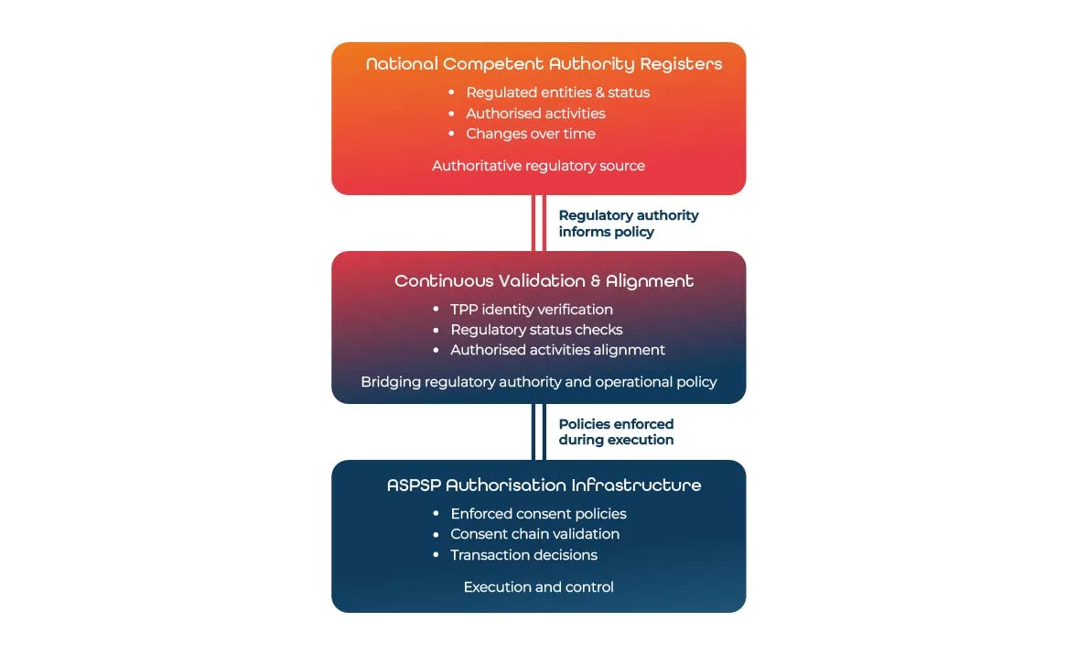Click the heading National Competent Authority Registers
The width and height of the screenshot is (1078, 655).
coord(544,64)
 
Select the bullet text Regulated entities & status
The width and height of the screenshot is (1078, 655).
coord(557,93)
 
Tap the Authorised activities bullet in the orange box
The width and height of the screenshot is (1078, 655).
coord(535,114)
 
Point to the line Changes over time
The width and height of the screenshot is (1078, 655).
coord(530,134)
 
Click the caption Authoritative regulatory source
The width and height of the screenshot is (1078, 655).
coord(538,166)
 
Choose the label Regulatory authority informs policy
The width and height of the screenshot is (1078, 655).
coord(628,224)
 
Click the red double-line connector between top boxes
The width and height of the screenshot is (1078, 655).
coord(539,223)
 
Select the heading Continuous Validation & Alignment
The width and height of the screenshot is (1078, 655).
coord(544,281)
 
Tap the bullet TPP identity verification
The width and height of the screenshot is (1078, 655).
coord(531,310)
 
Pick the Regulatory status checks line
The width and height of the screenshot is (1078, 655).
coord(536,330)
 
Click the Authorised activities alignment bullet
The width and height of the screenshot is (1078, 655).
coord(557,350)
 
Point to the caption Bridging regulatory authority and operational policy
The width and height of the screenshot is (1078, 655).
coord(538,382)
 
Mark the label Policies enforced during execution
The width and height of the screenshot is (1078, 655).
coord(616,431)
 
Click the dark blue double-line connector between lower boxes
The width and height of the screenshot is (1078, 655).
coord(539,431)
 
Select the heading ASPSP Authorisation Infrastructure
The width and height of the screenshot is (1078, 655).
coord(544,486)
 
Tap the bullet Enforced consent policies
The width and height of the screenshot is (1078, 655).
coord(538,514)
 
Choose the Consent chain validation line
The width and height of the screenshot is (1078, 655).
coord(534,534)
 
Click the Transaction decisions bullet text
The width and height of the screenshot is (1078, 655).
coord(523,555)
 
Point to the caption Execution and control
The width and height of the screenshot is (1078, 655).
coord(538,587)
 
